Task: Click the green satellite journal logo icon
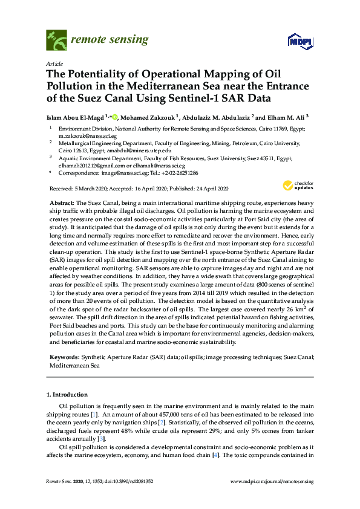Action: (56, 41)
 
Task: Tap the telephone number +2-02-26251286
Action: (179, 172)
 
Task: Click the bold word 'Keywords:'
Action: (62, 358)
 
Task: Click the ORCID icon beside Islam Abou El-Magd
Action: (114, 117)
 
